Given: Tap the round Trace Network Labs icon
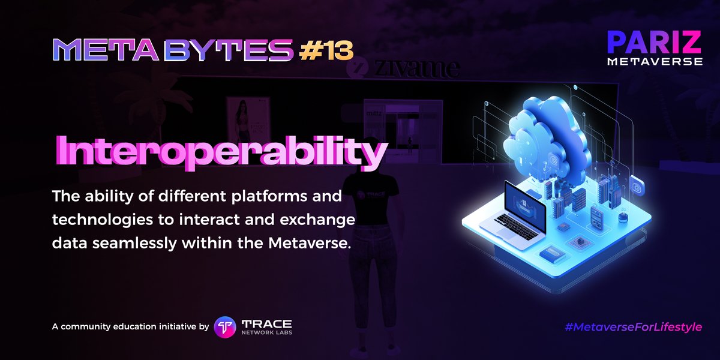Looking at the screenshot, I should click(x=225, y=327).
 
